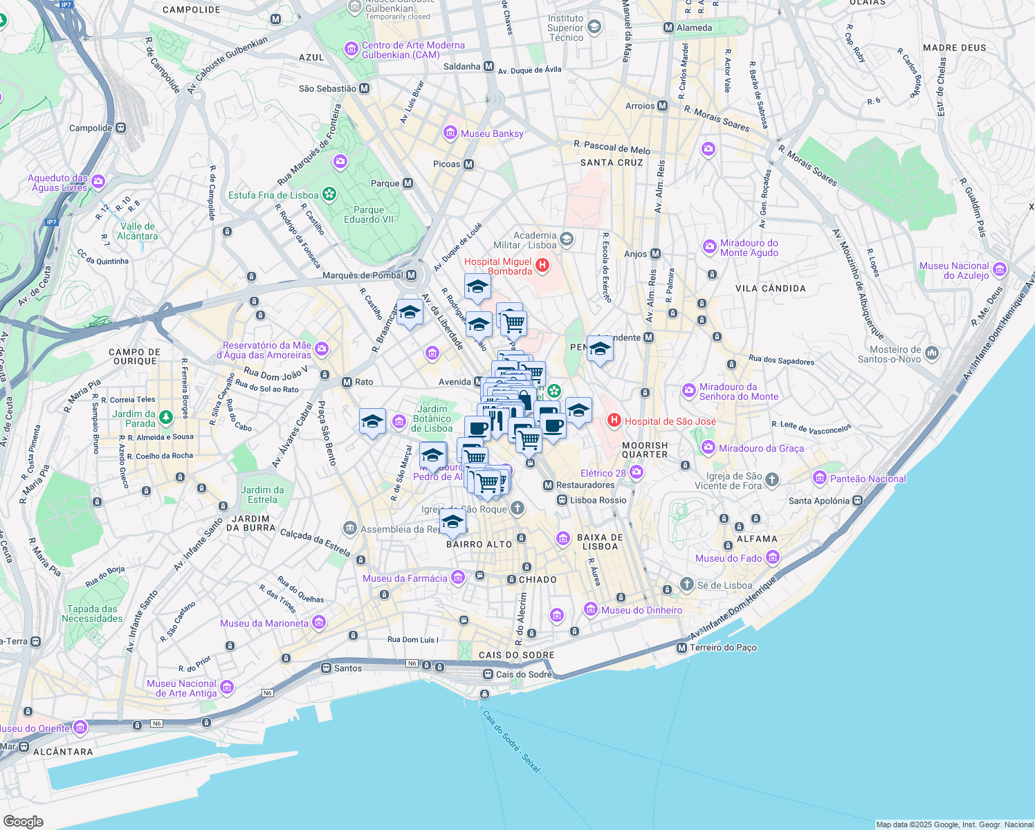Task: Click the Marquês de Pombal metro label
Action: (x=363, y=275)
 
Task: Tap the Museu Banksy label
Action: (x=492, y=133)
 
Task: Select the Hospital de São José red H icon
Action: (x=614, y=421)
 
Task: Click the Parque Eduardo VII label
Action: (x=369, y=214)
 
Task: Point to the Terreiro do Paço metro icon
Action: (x=682, y=648)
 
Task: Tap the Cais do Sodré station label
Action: (x=524, y=674)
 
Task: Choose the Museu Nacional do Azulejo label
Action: (x=954, y=270)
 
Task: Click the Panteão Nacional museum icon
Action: (x=820, y=478)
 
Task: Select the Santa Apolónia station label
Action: (x=820, y=501)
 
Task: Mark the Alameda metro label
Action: (x=694, y=28)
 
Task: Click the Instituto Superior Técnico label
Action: (x=565, y=28)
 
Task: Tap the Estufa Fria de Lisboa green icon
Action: (x=329, y=194)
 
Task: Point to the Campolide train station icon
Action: (x=121, y=128)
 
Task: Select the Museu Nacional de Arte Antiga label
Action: (x=182, y=688)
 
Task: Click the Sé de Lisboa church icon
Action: (x=686, y=584)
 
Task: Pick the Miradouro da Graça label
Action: (x=761, y=448)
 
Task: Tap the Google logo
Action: (x=23, y=821)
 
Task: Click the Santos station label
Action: (x=347, y=668)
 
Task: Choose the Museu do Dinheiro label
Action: (x=641, y=610)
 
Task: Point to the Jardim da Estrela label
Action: (x=262, y=495)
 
